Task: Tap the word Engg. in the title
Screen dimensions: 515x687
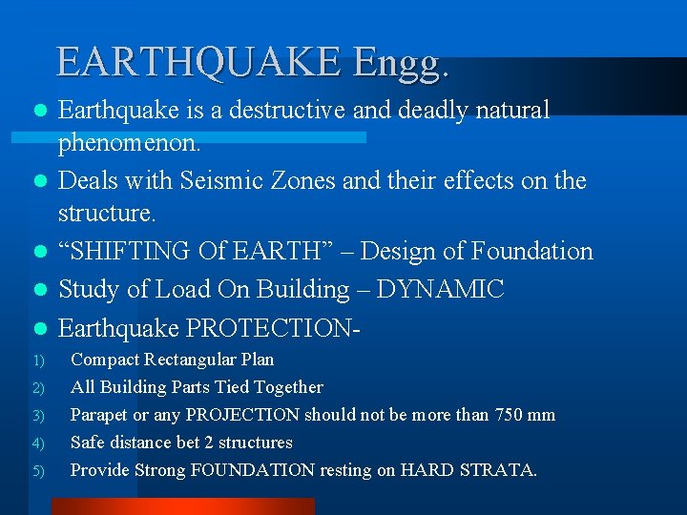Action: (x=400, y=63)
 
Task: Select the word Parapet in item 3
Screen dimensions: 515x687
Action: (x=100, y=415)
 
